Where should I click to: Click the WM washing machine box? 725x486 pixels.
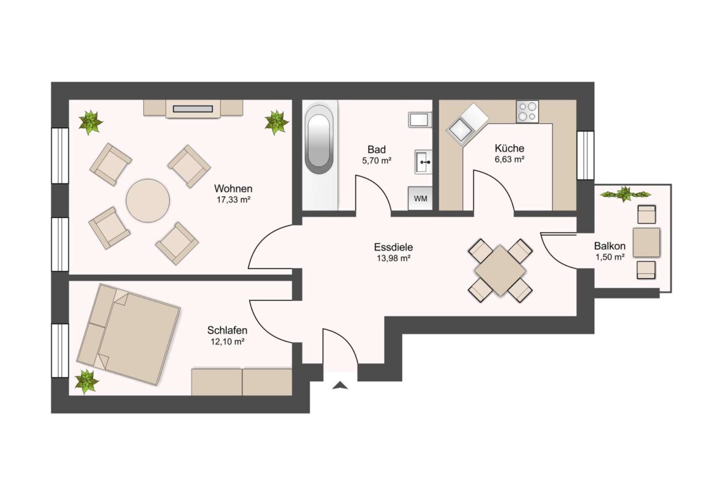click(x=420, y=198)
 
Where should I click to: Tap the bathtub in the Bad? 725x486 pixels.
click(x=319, y=139)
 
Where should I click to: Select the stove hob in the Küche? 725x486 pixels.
click(x=527, y=111)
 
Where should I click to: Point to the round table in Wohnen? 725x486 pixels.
click(x=148, y=201)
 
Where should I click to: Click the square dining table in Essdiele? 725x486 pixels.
click(x=500, y=271)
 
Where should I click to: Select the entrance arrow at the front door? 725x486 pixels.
click(x=340, y=385)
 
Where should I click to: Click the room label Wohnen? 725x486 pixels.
click(x=233, y=188)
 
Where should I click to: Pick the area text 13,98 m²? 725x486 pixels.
click(x=393, y=258)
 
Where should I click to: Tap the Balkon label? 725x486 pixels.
click(x=610, y=246)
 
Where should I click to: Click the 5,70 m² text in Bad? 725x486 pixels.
click(x=376, y=161)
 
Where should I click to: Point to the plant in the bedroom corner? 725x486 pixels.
click(x=87, y=381)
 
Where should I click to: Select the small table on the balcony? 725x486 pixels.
click(x=646, y=242)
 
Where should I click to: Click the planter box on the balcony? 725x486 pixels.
click(x=625, y=194)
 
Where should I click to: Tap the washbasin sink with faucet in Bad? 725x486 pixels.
click(x=423, y=162)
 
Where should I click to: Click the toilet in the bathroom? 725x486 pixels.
click(x=420, y=119)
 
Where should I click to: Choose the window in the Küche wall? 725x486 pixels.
click(x=586, y=155)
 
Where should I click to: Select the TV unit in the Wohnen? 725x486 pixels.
click(x=193, y=108)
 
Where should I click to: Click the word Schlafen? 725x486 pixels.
click(x=227, y=331)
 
